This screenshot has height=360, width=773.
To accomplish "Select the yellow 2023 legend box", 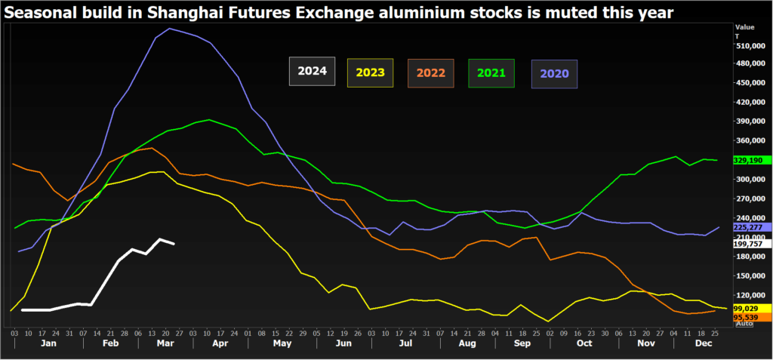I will click(370, 72).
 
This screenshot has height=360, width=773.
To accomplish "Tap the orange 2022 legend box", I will click(430, 73).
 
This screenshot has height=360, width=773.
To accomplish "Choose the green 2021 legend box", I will click(491, 73).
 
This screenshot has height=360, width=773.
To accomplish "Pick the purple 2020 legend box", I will click(555, 74).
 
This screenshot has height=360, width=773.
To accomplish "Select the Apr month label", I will click(220, 343).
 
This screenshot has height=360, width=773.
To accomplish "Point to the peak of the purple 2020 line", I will click(169, 29).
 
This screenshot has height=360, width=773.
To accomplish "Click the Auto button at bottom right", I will click(744, 325).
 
